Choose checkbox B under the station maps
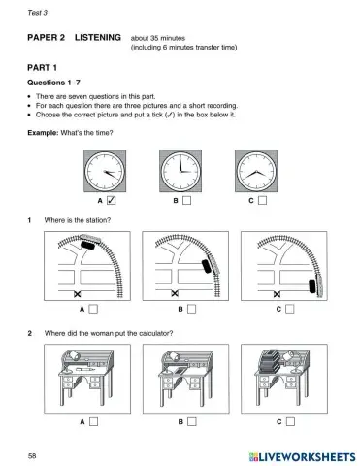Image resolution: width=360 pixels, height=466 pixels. (192, 310)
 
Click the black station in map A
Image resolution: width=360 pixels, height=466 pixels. (88, 247)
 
